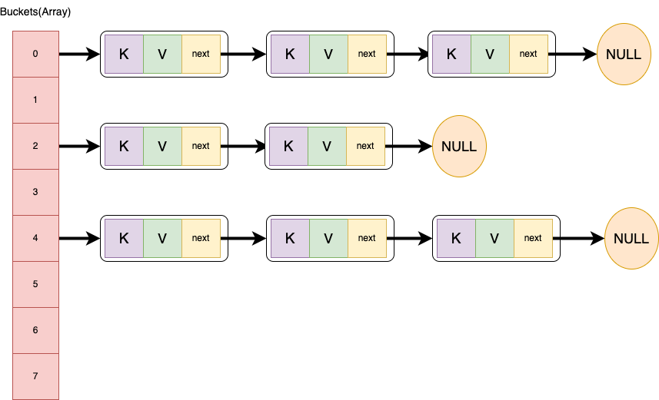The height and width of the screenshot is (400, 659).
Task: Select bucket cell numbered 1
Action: [35, 100]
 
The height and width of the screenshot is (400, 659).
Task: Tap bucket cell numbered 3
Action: [35, 192]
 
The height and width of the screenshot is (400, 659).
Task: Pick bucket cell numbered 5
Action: [35, 284]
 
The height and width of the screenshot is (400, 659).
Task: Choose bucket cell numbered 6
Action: [35, 330]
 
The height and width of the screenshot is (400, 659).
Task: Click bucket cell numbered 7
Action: [35, 376]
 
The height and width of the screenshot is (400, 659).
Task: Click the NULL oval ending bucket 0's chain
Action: [623, 55]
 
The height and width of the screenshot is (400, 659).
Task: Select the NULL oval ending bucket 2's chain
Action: [459, 146]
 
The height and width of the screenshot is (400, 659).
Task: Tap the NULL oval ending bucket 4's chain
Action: [631, 238]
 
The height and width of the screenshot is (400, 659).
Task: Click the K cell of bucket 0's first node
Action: [124, 54]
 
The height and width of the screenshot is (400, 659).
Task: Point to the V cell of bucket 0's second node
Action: [328, 54]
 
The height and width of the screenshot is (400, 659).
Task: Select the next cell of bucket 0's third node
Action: [528, 54]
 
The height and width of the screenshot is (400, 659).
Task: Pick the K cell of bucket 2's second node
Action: [288, 146]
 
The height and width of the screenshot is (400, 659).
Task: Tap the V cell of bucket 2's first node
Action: [162, 146]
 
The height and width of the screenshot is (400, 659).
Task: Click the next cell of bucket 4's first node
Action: [201, 238]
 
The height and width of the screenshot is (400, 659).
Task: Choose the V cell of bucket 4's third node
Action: [494, 238]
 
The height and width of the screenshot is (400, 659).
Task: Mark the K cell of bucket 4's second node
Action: [290, 238]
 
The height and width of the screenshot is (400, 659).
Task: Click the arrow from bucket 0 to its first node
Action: [79, 55]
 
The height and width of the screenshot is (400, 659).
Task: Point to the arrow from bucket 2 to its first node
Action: [79, 146]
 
